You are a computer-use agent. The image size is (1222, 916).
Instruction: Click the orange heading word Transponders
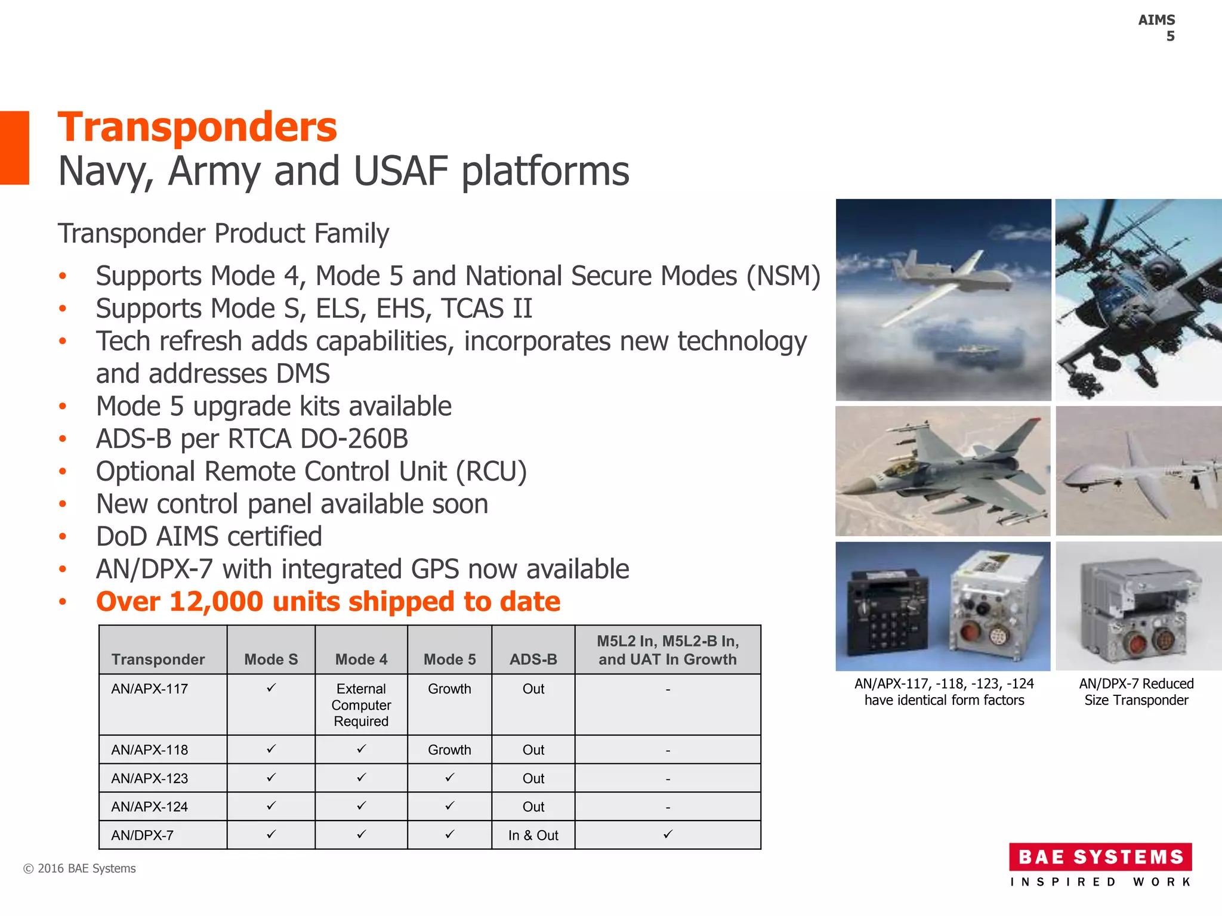197,128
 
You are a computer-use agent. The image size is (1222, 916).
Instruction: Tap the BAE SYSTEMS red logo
1100,857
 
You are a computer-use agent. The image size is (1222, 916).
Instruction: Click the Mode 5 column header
449,659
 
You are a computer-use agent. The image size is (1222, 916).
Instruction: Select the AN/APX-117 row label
149,689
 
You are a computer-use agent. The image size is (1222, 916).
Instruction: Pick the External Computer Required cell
361,705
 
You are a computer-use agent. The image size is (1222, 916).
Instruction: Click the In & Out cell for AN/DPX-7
533,835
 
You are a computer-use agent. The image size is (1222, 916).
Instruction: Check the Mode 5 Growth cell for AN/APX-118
449,750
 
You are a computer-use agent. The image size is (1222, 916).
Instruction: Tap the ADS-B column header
533,659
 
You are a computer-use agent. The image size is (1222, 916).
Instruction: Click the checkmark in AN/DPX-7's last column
668,834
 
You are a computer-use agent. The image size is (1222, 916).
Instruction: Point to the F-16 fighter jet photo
943,471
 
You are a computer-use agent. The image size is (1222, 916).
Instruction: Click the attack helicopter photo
1138,299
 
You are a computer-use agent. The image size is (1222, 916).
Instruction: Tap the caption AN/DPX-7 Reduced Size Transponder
1136,692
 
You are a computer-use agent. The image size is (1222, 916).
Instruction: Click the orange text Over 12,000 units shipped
328,602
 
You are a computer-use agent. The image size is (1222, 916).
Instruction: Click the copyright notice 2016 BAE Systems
79,868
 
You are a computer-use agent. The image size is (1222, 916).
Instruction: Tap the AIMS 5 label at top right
1158,28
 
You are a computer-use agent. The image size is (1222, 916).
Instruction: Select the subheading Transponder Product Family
223,233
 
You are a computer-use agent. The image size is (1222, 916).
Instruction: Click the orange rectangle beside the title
14,147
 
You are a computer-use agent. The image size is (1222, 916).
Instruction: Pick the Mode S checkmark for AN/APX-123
271,778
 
